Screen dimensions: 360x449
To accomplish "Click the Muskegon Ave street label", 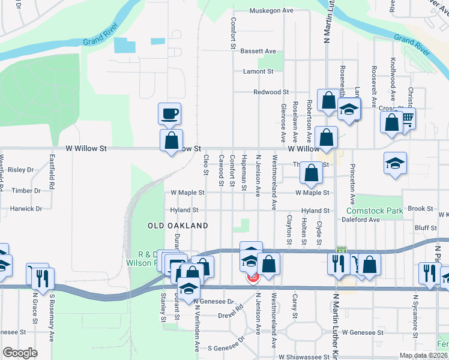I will (x=271, y=11).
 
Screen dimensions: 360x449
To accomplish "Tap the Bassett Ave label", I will (x=258, y=52).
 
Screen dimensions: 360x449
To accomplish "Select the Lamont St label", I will (x=258, y=71).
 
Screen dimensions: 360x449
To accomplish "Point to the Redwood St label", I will (x=271, y=92).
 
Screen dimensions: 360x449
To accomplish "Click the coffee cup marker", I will (x=169, y=113).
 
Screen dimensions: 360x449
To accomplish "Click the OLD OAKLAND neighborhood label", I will (x=178, y=226).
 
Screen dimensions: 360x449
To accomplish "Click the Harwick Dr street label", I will (x=26, y=209).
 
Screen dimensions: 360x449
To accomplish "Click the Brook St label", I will (x=420, y=209).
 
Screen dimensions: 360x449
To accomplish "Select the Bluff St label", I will (x=425, y=228).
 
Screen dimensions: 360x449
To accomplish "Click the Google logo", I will (x=20, y=353).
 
